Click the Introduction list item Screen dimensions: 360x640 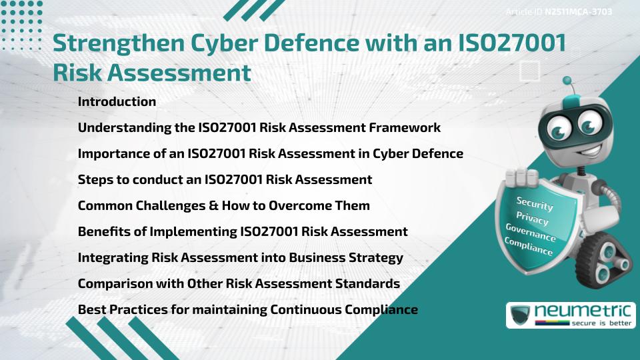pyautogui.click(x=117, y=102)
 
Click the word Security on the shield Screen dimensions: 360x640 pyautogui.click(x=535, y=203)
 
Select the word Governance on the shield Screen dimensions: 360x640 pyautogui.click(x=531, y=233)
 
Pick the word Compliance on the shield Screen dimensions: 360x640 pyautogui.click(x=529, y=247)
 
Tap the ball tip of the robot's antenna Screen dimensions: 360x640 pyautogui.click(x=568, y=81)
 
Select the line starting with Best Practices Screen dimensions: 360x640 pyautogui.click(x=247, y=309)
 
